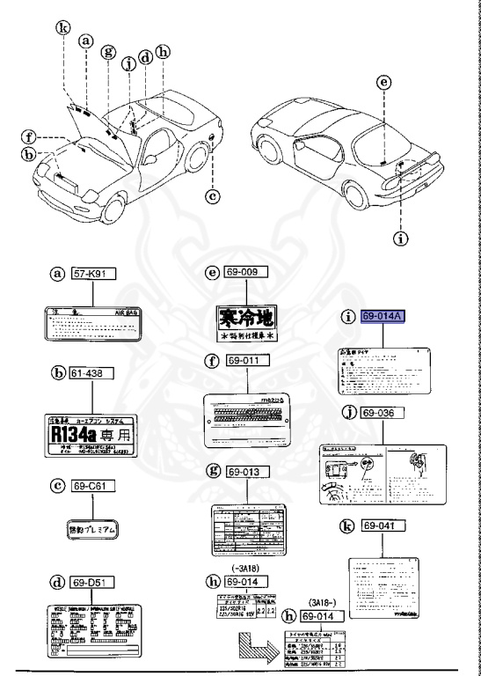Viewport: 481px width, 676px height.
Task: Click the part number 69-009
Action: [x=246, y=275]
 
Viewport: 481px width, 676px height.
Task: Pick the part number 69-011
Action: [x=247, y=362]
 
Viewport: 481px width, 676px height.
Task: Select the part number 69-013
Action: [x=247, y=470]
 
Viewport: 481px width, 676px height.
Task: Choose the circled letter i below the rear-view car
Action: [x=405, y=236]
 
